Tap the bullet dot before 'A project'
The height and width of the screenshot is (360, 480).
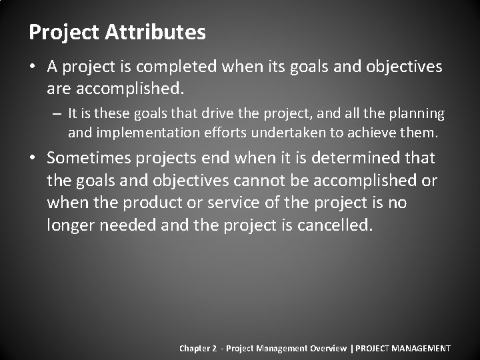coord(33,67)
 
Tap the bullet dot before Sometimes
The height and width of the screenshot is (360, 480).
coord(33,159)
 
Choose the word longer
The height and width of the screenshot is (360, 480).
coord(71,225)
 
